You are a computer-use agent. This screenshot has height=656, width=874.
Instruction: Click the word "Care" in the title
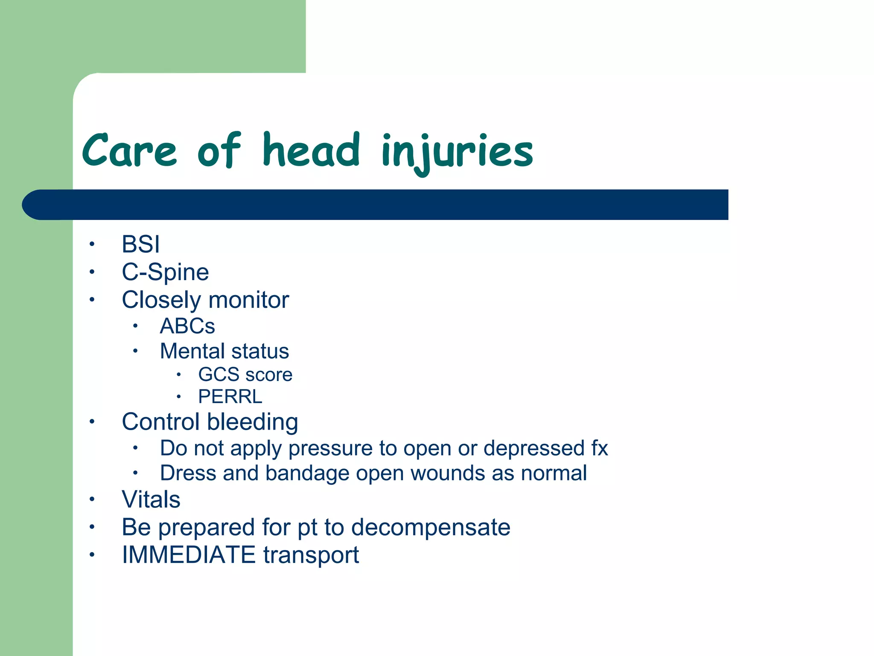[129, 150]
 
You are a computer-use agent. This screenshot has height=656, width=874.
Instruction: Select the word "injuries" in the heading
[457, 152]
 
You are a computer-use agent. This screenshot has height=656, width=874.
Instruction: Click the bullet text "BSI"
[141, 244]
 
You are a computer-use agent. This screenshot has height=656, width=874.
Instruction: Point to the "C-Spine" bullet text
[165, 272]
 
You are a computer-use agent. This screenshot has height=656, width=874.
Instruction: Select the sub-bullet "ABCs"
[187, 326]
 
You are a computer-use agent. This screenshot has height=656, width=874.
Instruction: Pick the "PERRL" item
[230, 397]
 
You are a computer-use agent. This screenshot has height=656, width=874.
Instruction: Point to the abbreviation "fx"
[599, 448]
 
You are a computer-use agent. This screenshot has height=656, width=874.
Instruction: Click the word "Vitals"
[151, 499]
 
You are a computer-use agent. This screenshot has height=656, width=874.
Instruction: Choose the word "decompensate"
[431, 527]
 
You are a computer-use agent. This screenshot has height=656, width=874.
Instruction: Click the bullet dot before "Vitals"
[91, 499]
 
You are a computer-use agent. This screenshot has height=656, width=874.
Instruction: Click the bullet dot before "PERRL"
[179, 397]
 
